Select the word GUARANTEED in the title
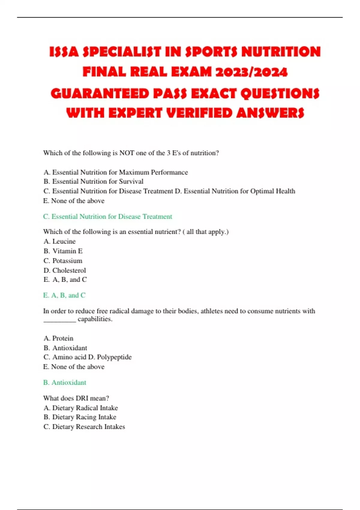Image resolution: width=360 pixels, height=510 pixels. click(100, 93)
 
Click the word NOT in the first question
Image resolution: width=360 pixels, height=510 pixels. click(127, 153)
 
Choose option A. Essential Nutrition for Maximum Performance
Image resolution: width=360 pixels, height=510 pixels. click(115, 172)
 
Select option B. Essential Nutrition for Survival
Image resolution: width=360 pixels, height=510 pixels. click(93, 181)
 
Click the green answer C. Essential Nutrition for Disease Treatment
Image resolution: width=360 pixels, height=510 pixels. click(107, 217)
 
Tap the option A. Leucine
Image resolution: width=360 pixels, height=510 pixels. click(59, 241)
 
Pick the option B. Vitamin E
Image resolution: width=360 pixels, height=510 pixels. click(63, 251)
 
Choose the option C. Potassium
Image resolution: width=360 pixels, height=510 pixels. click(63, 261)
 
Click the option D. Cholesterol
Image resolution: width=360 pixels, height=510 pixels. click(64, 270)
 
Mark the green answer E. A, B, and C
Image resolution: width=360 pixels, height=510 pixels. click(64, 295)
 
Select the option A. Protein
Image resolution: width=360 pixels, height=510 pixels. click(58, 338)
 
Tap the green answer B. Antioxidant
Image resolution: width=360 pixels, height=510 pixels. click(64, 382)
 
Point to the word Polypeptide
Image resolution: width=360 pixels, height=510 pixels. click(114, 357)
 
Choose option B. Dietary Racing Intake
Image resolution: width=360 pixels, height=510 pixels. click(79, 417)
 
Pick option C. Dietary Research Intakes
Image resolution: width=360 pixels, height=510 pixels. click(84, 427)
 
